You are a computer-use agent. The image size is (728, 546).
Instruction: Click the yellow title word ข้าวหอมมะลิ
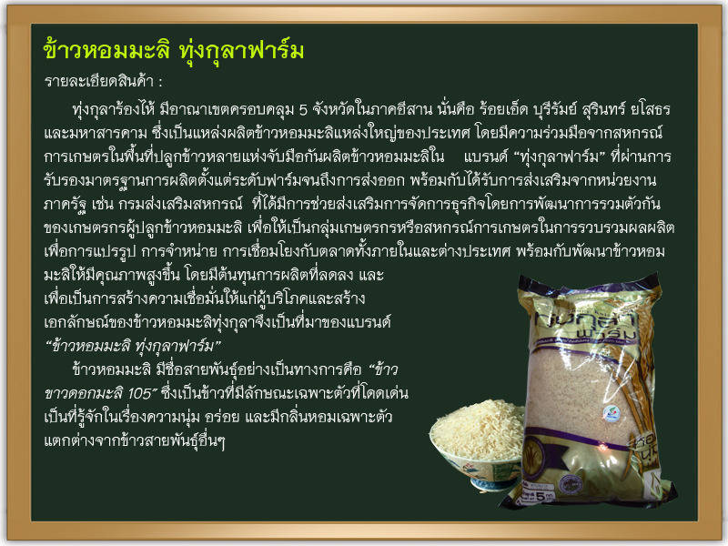pos(106,50)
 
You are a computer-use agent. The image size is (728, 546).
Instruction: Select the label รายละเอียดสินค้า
pos(98,81)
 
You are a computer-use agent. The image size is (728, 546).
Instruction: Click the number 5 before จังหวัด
pos(303,110)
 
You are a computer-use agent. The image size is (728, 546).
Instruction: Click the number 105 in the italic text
pos(140,394)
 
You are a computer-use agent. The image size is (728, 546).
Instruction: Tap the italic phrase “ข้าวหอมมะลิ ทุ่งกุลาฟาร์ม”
pos(133,346)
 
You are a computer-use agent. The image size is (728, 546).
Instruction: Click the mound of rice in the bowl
pos(479,430)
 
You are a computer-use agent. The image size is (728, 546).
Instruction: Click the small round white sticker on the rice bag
pos(611,413)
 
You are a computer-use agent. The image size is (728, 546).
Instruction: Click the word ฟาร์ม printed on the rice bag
pos(605,334)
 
